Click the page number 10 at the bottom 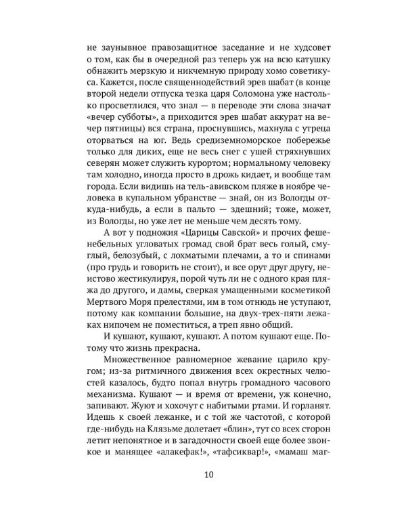[x=203, y=474]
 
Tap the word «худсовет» [x=301, y=48]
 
